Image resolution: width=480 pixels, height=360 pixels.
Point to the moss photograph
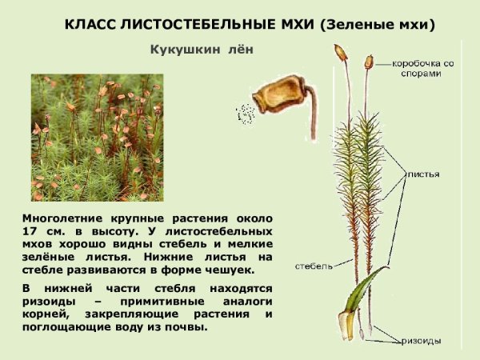97,137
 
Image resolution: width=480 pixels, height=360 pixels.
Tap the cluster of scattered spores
244,114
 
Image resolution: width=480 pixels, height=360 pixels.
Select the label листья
423,174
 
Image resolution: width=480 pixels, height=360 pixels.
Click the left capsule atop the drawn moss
341,54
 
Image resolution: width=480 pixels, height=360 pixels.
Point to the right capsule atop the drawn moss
368,61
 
